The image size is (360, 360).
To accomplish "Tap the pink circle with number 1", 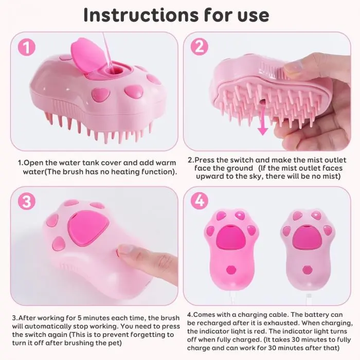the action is click(x=27, y=47).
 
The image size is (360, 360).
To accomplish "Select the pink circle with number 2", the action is click(x=200, y=47).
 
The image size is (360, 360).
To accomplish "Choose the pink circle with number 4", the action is click(x=200, y=201).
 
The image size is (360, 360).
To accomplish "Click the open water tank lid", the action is click(x=88, y=56).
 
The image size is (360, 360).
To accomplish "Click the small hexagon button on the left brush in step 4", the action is click(x=231, y=269).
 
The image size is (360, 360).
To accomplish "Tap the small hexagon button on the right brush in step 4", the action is click(x=307, y=269).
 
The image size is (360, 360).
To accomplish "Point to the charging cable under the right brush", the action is click(x=309, y=298).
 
